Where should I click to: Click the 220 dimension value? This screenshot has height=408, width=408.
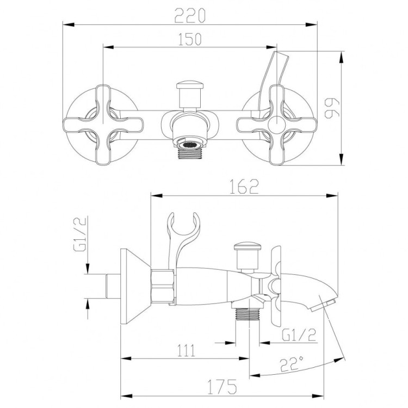[189, 16]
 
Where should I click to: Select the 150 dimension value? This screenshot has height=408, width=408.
[189, 39]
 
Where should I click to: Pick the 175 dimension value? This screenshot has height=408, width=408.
[222, 387]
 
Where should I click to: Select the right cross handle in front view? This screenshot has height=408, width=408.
[278, 124]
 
